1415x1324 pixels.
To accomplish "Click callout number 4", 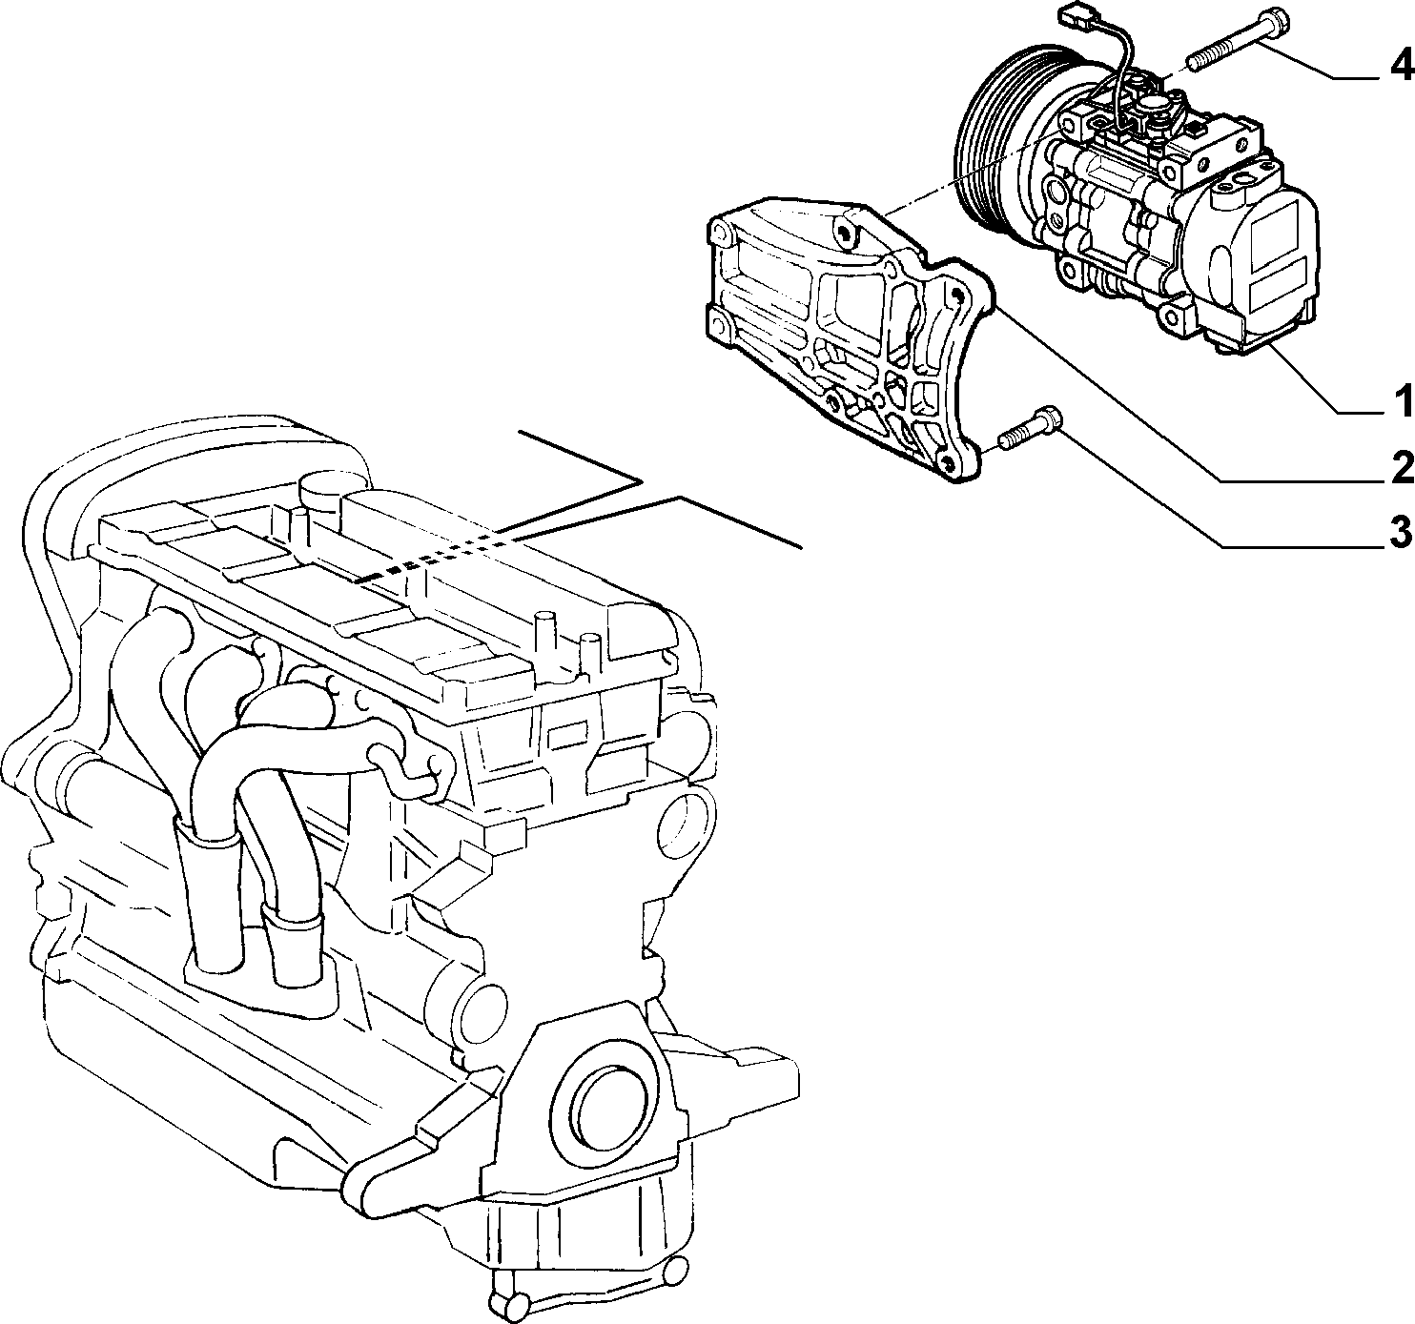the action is coord(1402,86).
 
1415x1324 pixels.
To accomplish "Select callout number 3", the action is coord(1402,532).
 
